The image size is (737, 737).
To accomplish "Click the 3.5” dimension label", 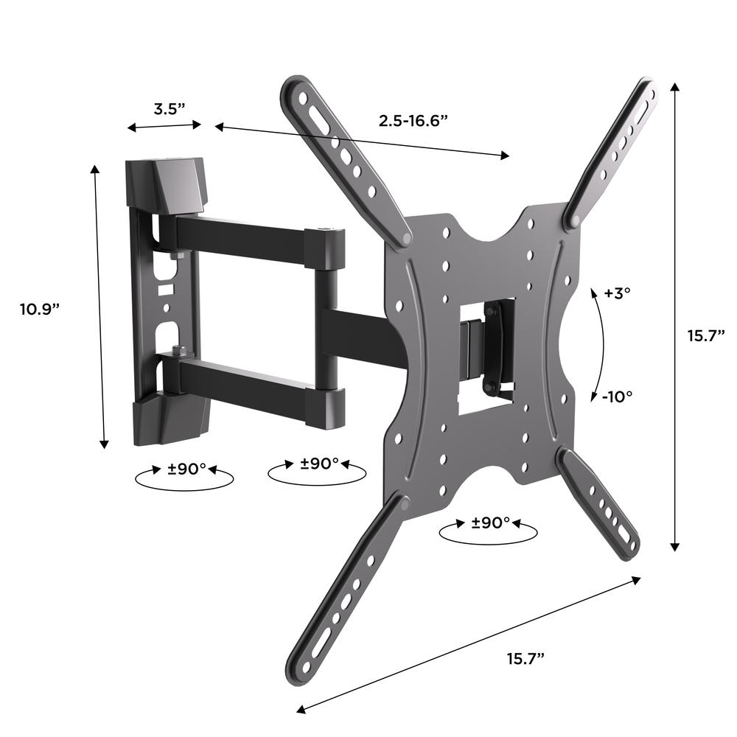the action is click(x=170, y=109).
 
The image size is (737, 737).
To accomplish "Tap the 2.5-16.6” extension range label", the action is click(x=413, y=121).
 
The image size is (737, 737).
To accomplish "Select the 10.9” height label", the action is click(x=40, y=310).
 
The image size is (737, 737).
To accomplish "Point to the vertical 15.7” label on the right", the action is click(x=707, y=335).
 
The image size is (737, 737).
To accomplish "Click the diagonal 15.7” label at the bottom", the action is click(x=525, y=658).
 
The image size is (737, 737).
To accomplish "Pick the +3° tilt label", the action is click(x=617, y=293).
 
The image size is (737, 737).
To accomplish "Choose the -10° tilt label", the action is click(x=617, y=397).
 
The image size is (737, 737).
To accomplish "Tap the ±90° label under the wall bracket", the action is click(x=186, y=469).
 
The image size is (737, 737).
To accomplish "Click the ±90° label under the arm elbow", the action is click(x=319, y=464).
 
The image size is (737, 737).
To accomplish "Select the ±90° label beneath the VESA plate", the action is click(x=491, y=523).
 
